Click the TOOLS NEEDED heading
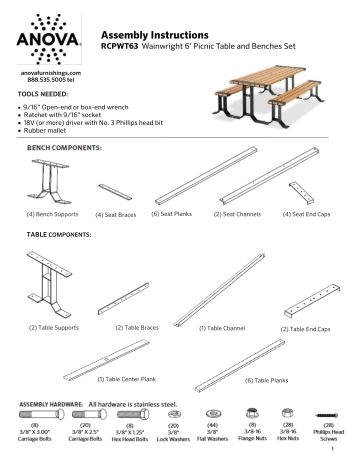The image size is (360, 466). click(x=33, y=102)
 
